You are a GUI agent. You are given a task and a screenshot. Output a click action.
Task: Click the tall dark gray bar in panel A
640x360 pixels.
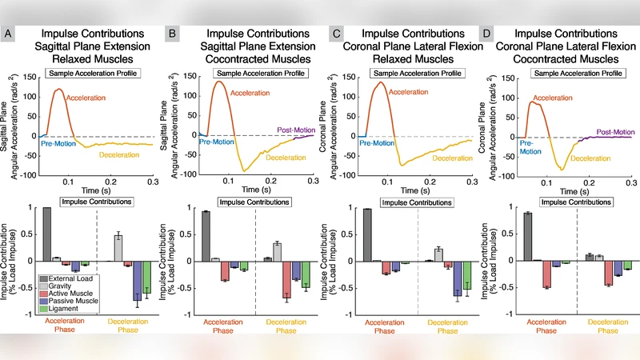pyautogui.click(x=47, y=234)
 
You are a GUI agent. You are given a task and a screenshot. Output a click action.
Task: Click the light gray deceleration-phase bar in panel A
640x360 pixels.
pyautogui.click(x=118, y=249)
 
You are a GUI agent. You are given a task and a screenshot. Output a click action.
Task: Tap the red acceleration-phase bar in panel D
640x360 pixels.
pyautogui.click(x=546, y=274)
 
